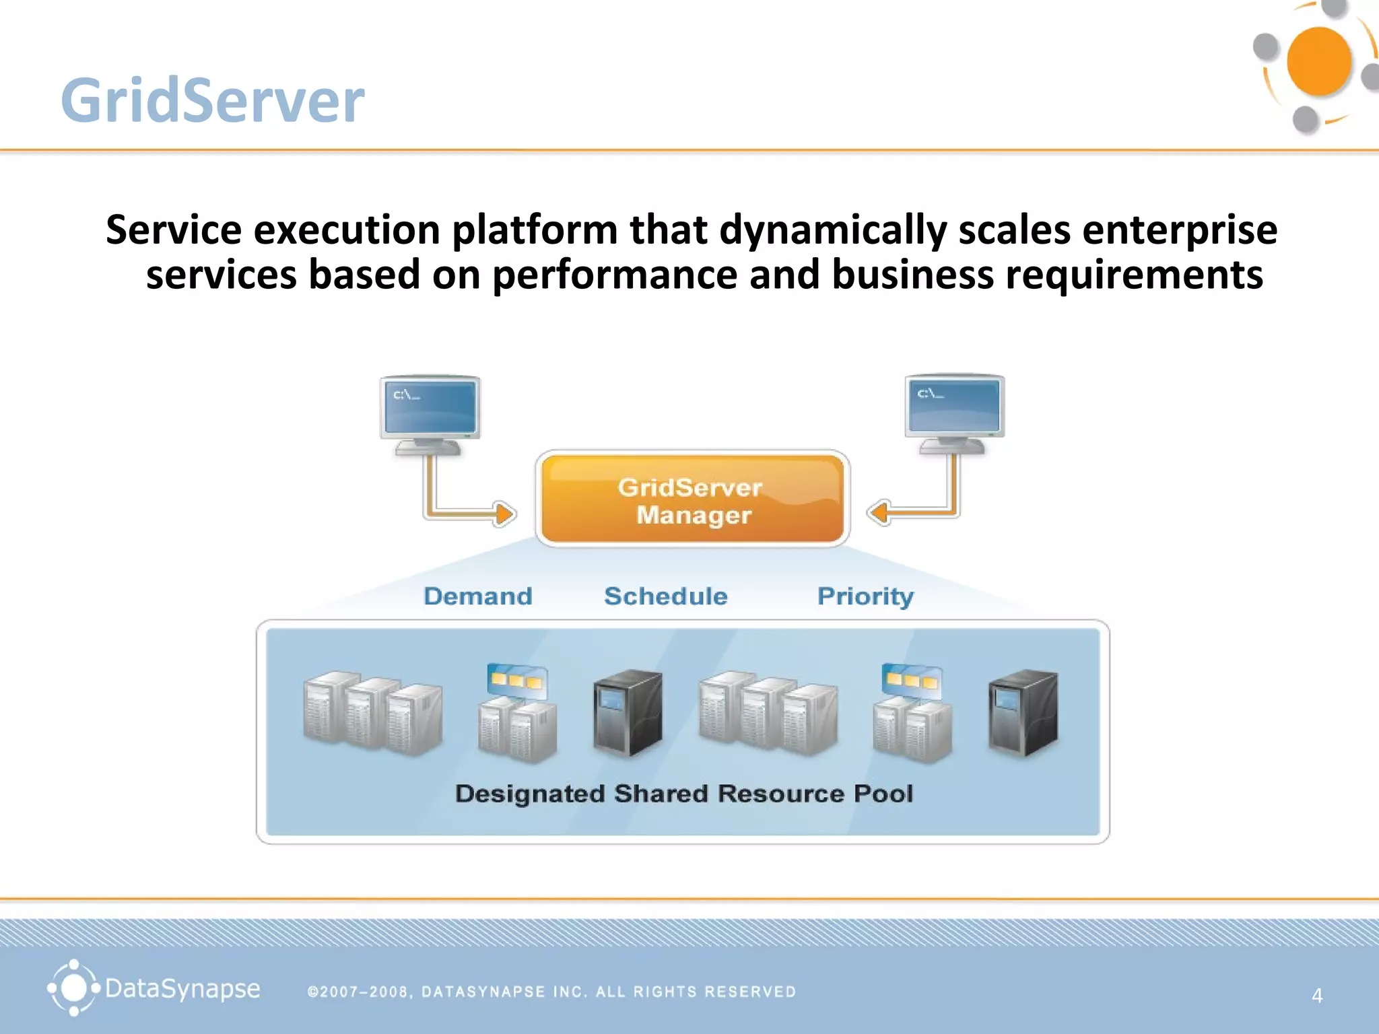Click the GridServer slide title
point(212,101)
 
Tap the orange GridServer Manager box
point(692,499)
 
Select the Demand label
point(477,596)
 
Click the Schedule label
point(665,596)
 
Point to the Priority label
point(865,596)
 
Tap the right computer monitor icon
point(954,411)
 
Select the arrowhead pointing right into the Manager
point(504,514)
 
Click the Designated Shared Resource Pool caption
point(683,794)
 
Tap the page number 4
point(1317,996)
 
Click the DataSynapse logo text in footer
point(182,989)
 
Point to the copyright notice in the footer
point(551,992)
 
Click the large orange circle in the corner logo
point(1318,62)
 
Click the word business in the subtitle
point(912,275)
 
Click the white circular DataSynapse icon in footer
point(73,988)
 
